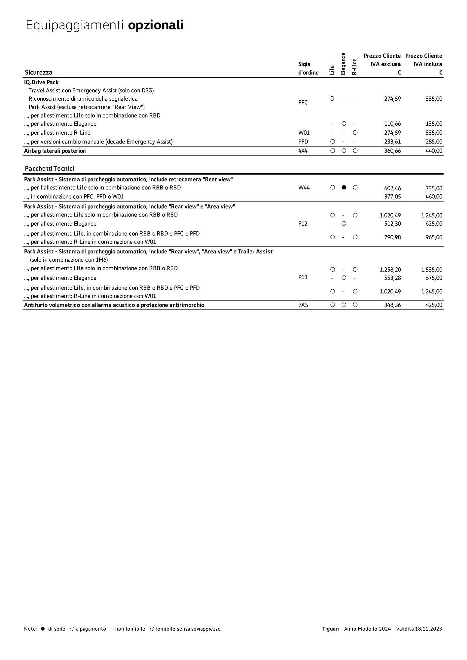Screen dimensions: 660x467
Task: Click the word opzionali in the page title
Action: click(x=156, y=25)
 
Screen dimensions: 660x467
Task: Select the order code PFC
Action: click(x=303, y=103)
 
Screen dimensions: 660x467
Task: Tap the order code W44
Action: click(x=304, y=188)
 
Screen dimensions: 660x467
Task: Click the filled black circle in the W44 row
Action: click(x=344, y=187)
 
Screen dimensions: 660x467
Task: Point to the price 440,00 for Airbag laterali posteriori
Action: click(x=434, y=151)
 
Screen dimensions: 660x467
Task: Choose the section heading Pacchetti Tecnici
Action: click(x=50, y=169)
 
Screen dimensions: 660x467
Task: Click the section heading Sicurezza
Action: click(x=39, y=72)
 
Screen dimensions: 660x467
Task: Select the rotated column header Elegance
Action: click(x=343, y=64)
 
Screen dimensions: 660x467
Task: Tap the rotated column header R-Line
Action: click(x=354, y=67)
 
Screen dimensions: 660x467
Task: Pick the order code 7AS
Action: click(x=303, y=305)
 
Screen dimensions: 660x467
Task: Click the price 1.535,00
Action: click(x=431, y=270)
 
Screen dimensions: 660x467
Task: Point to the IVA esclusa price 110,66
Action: click(x=392, y=124)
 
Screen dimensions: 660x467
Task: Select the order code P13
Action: click(x=303, y=277)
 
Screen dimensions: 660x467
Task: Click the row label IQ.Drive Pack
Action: click(x=41, y=82)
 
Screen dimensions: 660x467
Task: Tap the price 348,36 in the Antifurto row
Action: click(x=392, y=305)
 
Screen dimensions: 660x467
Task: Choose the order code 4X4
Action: click(x=303, y=151)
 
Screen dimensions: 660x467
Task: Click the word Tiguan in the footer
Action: click(x=330, y=629)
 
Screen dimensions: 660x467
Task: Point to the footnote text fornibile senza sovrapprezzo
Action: click(x=188, y=629)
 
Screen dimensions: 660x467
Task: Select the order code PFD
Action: click(x=303, y=142)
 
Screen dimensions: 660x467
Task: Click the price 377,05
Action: click(x=392, y=197)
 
